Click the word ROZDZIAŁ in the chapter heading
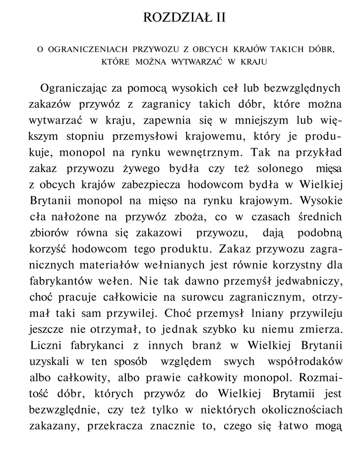172,18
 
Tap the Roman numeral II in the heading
218,18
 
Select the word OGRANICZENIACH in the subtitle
86,50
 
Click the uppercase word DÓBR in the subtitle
319,50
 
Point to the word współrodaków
305,361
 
